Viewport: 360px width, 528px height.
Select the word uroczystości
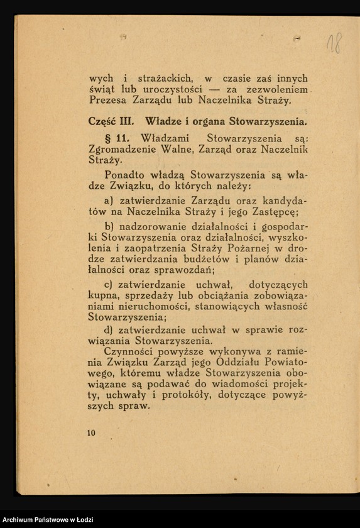coord(175,89)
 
